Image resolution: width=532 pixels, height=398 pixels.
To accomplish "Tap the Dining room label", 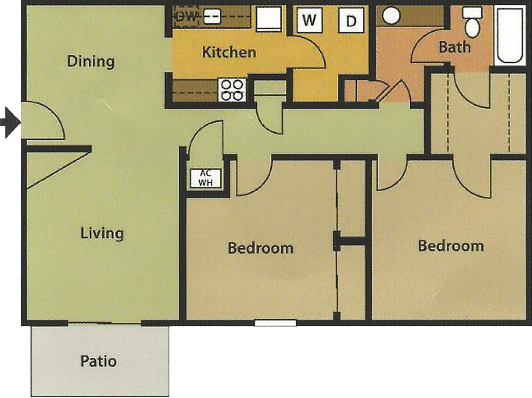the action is click(91, 61).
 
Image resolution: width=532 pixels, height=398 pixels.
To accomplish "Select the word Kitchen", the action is click(229, 52).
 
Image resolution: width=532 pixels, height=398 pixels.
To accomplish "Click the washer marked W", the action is click(309, 20).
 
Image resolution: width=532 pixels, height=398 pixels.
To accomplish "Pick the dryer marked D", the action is click(351, 20).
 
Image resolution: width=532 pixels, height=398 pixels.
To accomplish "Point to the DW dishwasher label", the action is click(187, 17).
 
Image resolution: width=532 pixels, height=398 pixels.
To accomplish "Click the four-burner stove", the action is click(232, 90).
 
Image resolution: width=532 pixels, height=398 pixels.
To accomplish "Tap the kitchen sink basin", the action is click(212, 17).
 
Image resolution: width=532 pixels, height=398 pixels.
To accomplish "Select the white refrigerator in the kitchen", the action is click(269, 18).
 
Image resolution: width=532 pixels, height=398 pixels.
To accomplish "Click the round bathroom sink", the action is click(391, 15).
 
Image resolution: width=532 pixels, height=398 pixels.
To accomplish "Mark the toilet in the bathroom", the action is click(472, 22).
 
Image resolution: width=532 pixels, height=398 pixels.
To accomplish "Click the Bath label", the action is click(455, 47).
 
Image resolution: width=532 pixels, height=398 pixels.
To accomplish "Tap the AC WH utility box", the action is click(205, 178).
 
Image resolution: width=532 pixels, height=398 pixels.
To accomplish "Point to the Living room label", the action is click(102, 233).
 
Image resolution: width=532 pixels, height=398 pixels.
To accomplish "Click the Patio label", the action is click(98, 361).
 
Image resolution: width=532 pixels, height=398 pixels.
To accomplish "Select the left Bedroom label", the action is click(261, 248).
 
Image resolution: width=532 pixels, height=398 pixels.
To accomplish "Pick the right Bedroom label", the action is click(451, 246).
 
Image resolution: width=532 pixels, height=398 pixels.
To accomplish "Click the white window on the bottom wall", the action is click(275, 323).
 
